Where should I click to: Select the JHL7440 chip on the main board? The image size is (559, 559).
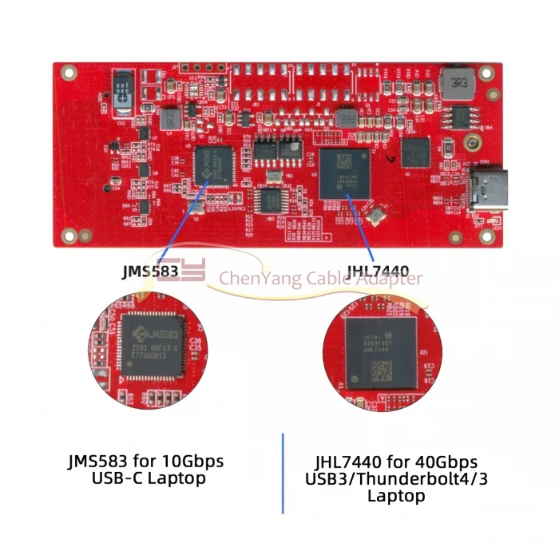coord(344,172)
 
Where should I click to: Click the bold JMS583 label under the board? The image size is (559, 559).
coord(149,272)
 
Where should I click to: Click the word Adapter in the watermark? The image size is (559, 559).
coord(391,279)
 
